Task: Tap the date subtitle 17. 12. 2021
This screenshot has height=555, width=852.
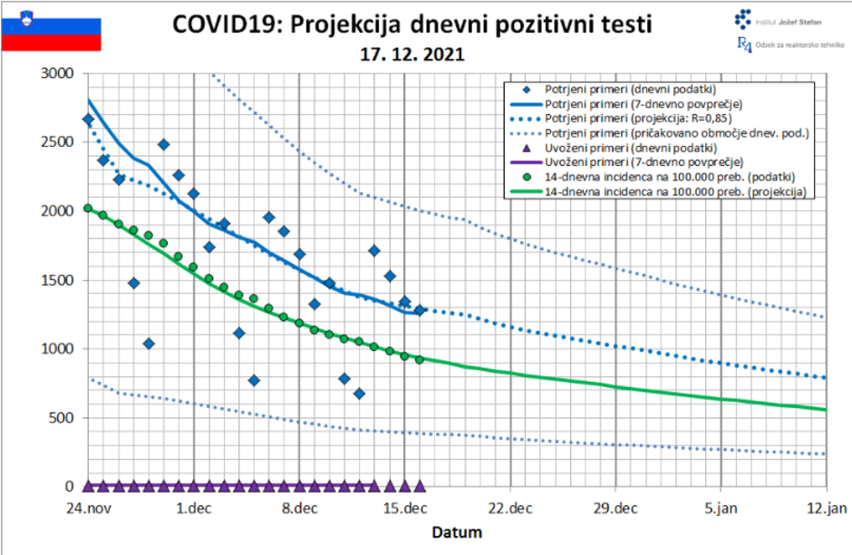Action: point(412,54)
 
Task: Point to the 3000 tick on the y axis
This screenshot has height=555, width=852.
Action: point(60,73)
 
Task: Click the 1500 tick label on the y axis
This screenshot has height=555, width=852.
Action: point(60,280)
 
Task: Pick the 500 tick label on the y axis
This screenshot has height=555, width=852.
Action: point(63,418)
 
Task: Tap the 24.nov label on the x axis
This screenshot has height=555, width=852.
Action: point(88,508)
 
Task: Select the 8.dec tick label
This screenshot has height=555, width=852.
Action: point(298,508)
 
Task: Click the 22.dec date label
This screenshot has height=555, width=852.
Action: point(509,508)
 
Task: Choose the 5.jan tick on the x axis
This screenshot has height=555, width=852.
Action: point(721,508)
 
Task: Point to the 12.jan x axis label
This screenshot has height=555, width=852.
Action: point(826,508)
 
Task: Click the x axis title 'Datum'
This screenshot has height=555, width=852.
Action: point(457,532)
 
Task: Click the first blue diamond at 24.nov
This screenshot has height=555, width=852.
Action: point(88,119)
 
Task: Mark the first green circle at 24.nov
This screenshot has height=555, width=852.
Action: point(88,208)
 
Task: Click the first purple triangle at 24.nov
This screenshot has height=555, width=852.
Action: point(88,485)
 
